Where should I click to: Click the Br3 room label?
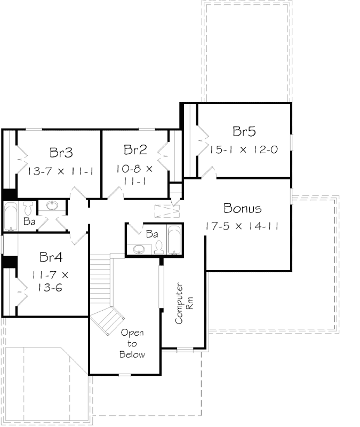[x=61, y=153]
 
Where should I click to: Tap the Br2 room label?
[x=135, y=149]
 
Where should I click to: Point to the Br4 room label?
[x=51, y=257]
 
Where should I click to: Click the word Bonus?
[x=243, y=208]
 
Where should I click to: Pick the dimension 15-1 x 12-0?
[x=243, y=150]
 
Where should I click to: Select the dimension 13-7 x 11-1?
[x=61, y=171]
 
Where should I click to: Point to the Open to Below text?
[x=132, y=343]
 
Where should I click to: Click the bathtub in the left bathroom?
[x=11, y=217]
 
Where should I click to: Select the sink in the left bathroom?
[x=52, y=206]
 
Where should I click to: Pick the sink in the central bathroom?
[x=139, y=248]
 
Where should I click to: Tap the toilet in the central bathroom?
[x=158, y=246]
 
